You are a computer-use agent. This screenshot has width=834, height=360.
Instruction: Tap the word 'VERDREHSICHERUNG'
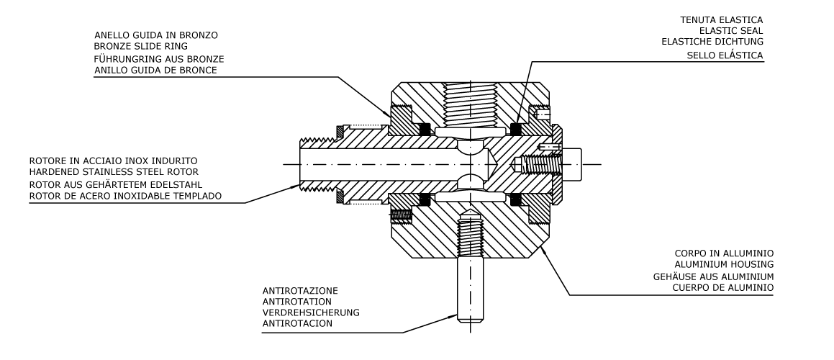tap(311, 312)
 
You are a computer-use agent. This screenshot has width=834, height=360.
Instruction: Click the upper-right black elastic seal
tap(515, 129)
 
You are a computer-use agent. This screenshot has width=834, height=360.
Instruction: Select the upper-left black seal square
tap(424, 129)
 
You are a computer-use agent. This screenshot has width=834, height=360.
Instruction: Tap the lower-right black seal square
tap(515, 198)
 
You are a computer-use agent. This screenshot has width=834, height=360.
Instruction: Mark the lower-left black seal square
tap(424, 198)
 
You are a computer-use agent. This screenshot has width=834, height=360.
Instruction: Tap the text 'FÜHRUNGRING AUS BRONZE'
tap(153, 59)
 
